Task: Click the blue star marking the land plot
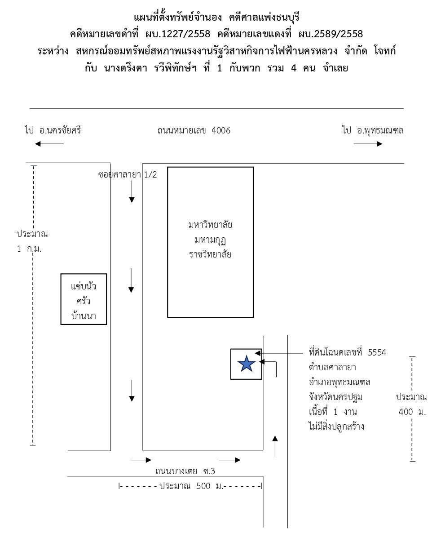(246, 364)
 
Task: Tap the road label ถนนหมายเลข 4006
(194, 131)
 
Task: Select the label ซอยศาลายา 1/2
(128, 175)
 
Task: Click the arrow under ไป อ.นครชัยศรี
(49, 144)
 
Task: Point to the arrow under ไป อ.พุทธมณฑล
(368, 144)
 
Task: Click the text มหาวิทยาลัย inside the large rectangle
(210, 225)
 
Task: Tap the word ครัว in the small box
(84, 301)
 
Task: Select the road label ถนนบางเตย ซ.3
(185, 471)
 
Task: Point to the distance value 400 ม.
(412, 412)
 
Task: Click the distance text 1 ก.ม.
(29, 249)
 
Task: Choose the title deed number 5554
(377, 352)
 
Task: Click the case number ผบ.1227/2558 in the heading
(178, 34)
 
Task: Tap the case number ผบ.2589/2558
(331, 34)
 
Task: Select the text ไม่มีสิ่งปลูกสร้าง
(336, 427)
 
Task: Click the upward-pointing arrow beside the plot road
(275, 446)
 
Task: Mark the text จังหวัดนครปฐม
(335, 397)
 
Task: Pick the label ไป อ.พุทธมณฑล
(373, 130)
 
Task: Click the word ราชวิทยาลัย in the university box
(210, 254)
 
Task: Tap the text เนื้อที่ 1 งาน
(333, 412)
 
